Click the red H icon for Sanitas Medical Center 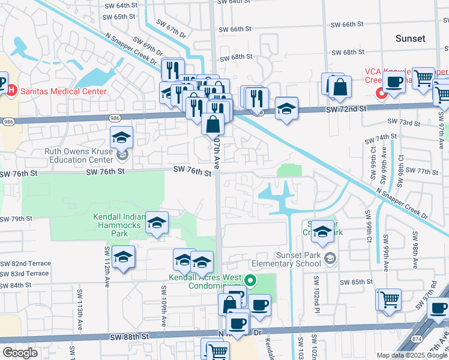11,91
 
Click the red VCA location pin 380,92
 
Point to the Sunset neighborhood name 410,38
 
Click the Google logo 19,353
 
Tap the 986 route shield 8,121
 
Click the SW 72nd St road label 346,109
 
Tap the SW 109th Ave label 163,306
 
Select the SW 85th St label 356,281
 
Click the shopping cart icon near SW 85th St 388,299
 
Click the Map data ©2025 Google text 412,355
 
